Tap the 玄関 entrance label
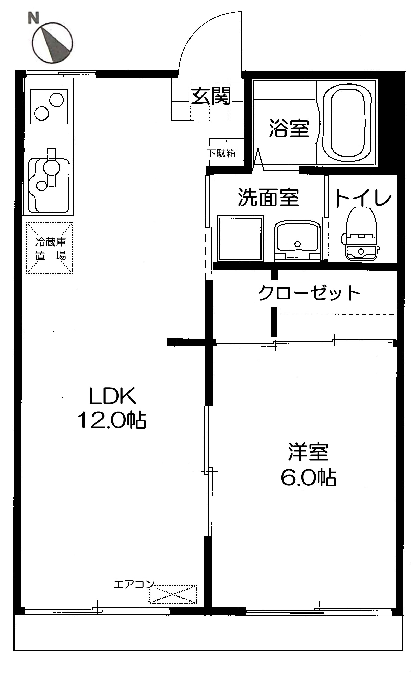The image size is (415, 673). point(211,96)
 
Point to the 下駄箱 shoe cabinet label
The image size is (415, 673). point(221,153)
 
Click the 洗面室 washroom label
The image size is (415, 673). point(268,197)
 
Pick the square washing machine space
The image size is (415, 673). point(240,238)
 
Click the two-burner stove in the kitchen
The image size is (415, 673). point(49,106)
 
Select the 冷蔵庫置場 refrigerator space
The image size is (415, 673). point(50,248)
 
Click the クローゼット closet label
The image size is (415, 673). point(309,293)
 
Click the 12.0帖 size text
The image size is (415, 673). point(111,420)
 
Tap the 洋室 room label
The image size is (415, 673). point(308,452)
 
